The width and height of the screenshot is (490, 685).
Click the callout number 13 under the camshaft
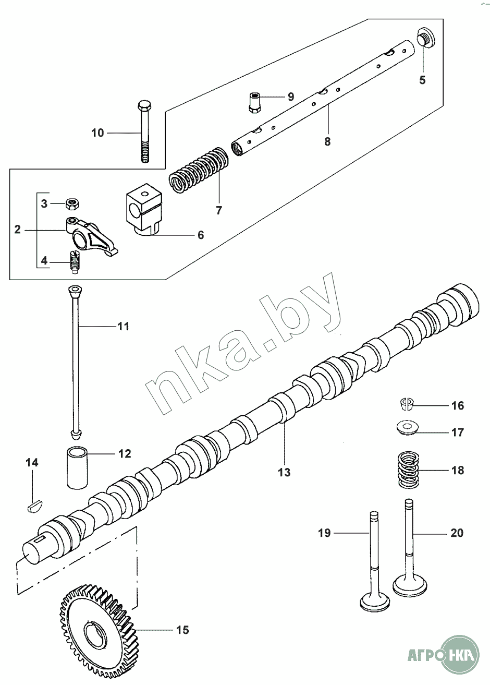tap(284, 472)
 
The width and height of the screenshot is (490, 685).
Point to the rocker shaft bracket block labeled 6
tap(144, 210)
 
